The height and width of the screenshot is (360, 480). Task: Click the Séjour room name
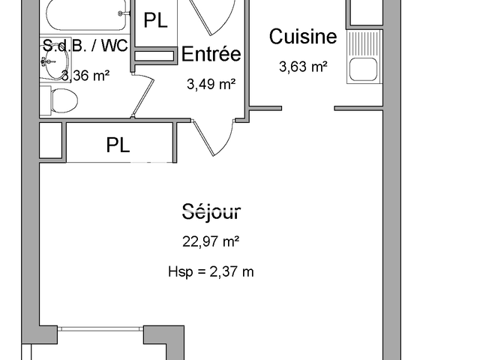point(211,211)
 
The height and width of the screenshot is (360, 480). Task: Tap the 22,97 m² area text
point(211,241)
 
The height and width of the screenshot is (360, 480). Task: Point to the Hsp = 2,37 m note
point(211,271)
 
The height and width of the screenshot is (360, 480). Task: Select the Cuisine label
point(303,37)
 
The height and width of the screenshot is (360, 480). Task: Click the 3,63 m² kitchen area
point(303,67)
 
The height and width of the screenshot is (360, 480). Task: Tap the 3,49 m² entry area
point(211,84)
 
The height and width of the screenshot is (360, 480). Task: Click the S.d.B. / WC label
point(85,46)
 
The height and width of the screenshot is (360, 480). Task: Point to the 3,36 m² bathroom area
point(85,75)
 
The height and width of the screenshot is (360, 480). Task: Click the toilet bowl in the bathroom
point(63,100)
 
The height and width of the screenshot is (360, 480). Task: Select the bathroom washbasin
point(55,62)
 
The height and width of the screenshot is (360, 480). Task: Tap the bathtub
point(87,15)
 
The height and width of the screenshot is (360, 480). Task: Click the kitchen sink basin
point(363,69)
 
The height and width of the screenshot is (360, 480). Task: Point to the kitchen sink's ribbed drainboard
point(363,43)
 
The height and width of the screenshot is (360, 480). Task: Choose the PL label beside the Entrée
point(155,20)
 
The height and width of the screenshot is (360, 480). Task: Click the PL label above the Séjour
point(118,145)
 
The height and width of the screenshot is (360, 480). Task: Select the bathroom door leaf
point(143,95)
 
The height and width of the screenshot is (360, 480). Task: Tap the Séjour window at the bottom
point(100,329)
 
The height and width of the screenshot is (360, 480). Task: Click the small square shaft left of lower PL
point(51,140)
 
